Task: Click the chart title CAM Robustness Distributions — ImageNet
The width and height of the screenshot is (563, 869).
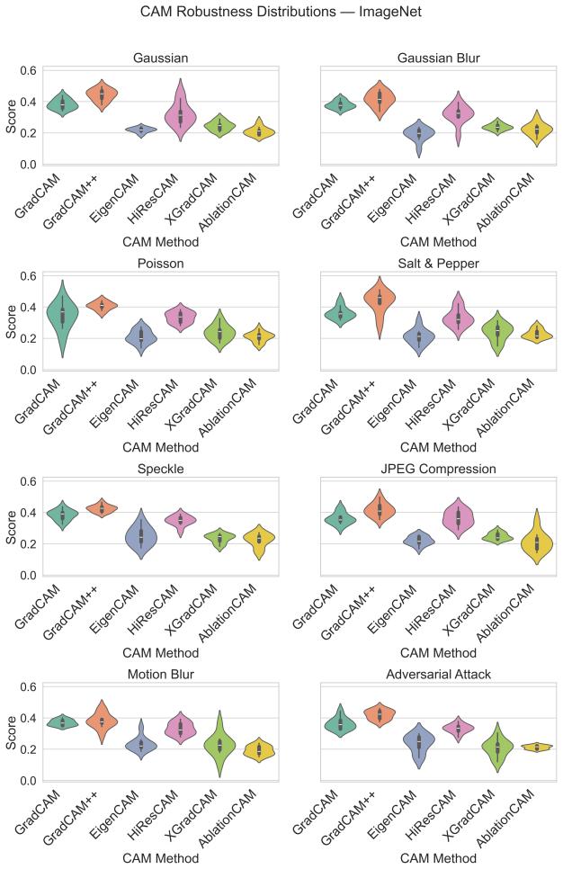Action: tap(281, 12)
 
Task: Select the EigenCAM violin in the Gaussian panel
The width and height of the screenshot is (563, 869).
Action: tap(141, 130)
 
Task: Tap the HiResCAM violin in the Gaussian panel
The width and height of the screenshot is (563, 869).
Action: tap(181, 111)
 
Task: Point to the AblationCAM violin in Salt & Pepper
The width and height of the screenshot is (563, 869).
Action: tap(536, 333)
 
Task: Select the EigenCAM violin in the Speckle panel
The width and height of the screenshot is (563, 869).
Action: tap(141, 535)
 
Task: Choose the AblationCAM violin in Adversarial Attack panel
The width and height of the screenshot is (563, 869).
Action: tap(536, 747)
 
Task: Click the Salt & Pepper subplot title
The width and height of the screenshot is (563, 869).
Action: tap(438, 264)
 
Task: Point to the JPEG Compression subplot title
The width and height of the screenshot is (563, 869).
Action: tap(438, 469)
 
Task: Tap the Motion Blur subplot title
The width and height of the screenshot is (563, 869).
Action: tap(161, 674)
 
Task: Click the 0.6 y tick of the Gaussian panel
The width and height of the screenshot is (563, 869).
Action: tap(28, 70)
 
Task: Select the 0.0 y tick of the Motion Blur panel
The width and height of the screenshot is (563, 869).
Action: tap(28, 781)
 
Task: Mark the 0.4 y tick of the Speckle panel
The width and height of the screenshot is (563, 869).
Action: tap(28, 513)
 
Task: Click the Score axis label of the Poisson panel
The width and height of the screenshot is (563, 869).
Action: tap(11, 322)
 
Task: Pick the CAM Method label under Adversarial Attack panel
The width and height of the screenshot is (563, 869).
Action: tap(438, 858)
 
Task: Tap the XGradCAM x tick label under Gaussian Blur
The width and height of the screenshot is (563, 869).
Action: tap(469, 200)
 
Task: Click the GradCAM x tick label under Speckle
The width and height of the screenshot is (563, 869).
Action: tap(37, 607)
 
